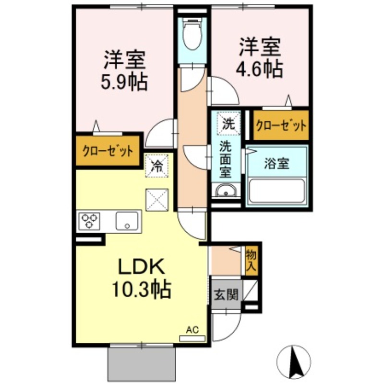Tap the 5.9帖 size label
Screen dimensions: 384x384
[123, 83]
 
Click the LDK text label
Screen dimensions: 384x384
[142, 267]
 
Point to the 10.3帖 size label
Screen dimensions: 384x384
[142, 289]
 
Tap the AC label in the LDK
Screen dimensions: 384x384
[192, 330]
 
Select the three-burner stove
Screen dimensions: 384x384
[90, 221]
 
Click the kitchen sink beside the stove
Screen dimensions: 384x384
[127, 222]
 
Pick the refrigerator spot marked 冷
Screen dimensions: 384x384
[156, 166]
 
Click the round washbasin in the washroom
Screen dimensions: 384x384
[225, 192]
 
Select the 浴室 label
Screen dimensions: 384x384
[276, 163]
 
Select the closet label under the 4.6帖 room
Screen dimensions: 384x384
[281, 126]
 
